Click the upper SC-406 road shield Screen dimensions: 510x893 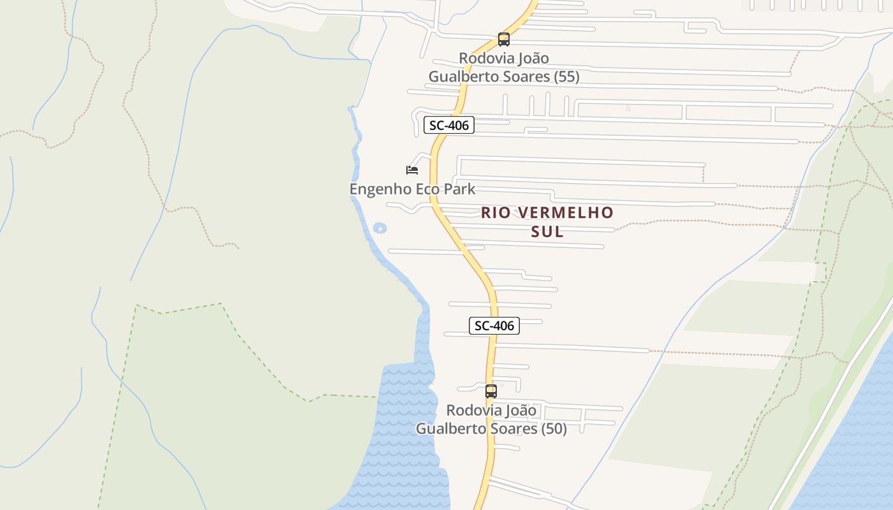click(449, 126)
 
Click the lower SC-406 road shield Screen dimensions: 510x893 click(494, 326)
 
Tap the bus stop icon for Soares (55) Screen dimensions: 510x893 click(504, 40)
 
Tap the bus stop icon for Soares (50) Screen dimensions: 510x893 click(491, 391)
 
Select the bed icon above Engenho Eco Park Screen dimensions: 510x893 click(412, 170)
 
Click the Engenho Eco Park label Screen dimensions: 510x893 click(412, 189)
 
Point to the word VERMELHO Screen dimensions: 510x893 click(564, 212)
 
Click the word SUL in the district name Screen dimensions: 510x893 click(547, 231)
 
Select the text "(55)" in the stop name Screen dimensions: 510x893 click(566, 77)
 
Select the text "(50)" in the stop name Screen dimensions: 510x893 click(554, 429)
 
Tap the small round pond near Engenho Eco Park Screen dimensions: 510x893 click(380, 228)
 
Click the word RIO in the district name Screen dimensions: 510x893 click(496, 212)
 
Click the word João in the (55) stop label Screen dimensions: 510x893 click(532, 59)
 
